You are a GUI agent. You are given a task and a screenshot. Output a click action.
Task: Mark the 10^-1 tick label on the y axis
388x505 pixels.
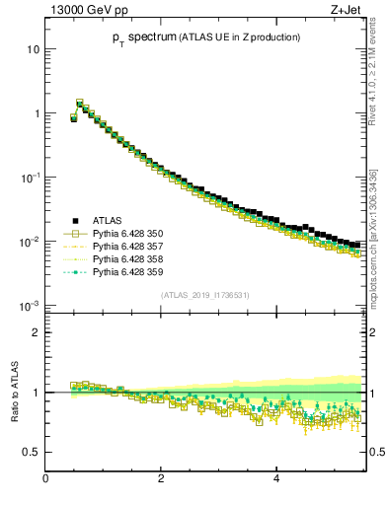pos(31,177)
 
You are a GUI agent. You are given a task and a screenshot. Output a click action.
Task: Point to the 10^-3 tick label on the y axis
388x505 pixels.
pos(31,305)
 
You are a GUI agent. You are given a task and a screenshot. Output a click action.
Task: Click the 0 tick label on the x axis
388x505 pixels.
pos(45,479)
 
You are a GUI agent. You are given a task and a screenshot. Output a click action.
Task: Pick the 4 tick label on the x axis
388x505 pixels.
pos(275,479)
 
